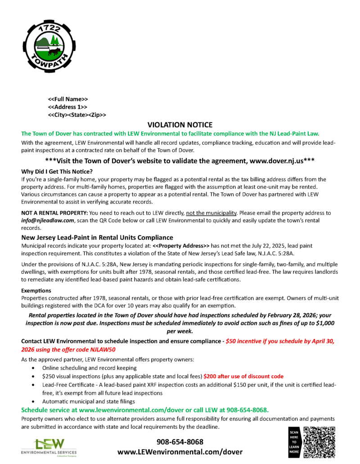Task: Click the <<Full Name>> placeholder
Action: (x=68, y=99)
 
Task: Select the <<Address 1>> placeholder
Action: (x=67, y=107)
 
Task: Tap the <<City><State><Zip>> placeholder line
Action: (x=77, y=115)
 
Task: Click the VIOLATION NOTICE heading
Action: (x=180, y=125)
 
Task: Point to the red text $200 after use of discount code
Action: (x=243, y=376)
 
